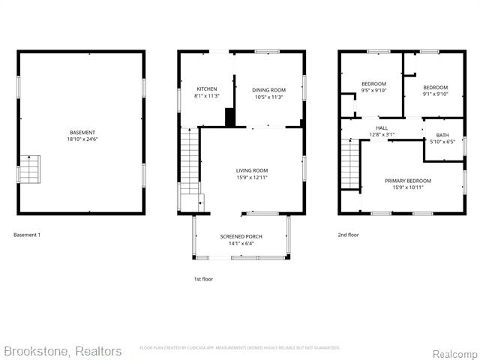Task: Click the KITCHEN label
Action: [206, 89]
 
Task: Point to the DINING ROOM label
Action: [268, 89]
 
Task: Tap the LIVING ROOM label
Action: [252, 170]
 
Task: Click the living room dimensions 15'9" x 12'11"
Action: [252, 178]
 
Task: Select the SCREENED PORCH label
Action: [241, 236]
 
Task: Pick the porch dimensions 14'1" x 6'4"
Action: [241, 243]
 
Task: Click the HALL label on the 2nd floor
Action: [382, 128]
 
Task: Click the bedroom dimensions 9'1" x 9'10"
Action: [435, 94]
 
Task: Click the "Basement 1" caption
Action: [27, 235]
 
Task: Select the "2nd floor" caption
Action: [348, 235]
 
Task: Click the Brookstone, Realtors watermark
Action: [62, 351]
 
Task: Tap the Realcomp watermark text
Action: [454, 352]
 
